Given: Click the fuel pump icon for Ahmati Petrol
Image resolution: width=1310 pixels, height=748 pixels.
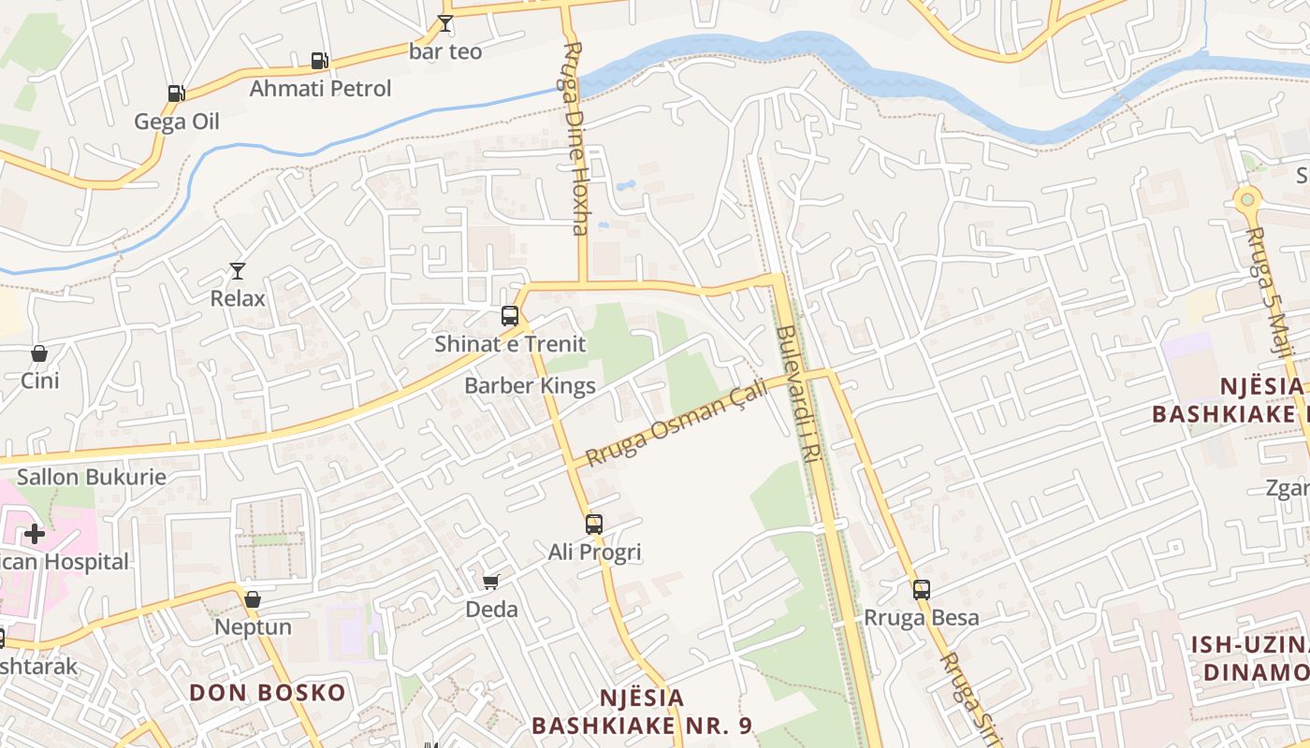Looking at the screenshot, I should pyautogui.click(x=319, y=61).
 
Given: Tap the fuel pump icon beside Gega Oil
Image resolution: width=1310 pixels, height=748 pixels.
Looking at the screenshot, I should pyautogui.click(x=176, y=93).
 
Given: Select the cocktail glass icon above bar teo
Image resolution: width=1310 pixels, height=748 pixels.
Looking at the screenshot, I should pyautogui.click(x=445, y=23).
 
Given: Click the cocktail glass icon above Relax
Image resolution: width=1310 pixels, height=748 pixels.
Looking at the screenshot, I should pyautogui.click(x=238, y=271).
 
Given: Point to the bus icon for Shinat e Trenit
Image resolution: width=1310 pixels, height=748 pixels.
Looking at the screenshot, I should pyautogui.click(x=510, y=316).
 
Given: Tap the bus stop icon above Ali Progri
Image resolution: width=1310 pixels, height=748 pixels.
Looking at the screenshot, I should pyautogui.click(x=594, y=524).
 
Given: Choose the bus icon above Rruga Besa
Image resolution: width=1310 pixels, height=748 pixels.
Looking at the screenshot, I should pyautogui.click(x=922, y=589).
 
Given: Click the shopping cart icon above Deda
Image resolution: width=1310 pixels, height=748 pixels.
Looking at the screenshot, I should pyautogui.click(x=491, y=582).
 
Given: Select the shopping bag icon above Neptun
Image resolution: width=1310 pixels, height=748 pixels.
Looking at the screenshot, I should pyautogui.click(x=253, y=599).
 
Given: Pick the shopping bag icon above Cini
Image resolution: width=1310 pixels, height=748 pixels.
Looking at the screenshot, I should pyautogui.click(x=39, y=353).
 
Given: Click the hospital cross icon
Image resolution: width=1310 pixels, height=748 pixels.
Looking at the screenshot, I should pyautogui.click(x=35, y=534).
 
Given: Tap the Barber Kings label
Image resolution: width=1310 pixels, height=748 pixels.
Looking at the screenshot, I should pyautogui.click(x=530, y=385).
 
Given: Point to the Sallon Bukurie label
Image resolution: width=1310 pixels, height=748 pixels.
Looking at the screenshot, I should pyautogui.click(x=92, y=477).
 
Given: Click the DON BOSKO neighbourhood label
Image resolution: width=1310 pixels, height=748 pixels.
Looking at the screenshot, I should pyautogui.click(x=268, y=693).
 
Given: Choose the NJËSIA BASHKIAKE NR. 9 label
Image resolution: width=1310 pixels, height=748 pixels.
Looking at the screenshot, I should pyautogui.click(x=642, y=712).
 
